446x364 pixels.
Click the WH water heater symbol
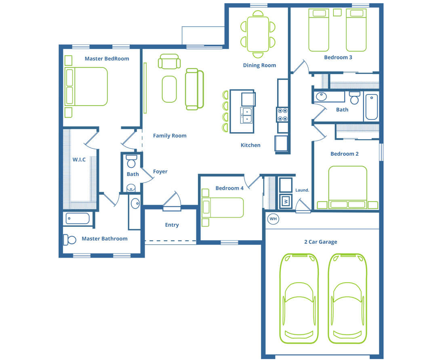tap(273, 219)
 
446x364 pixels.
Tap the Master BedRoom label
tap(107, 59)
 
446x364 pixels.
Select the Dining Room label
tap(259, 65)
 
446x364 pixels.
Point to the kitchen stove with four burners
tap(282, 114)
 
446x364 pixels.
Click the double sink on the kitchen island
tap(246, 115)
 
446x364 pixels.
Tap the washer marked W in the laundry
tap(286, 201)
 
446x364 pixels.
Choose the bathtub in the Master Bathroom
tap(78, 219)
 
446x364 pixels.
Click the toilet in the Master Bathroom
tap(69, 240)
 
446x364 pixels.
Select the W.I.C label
tap(79, 159)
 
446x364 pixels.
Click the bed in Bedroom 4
tap(223, 207)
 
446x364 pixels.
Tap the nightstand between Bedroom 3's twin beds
tap(337, 13)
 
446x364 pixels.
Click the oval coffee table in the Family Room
tap(169, 89)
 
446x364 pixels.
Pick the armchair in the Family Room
tap(169, 61)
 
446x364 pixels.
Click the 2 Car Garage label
tap(321, 242)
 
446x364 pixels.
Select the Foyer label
tap(160, 171)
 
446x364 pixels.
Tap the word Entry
tap(172, 225)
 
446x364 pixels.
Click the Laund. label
tap(302, 190)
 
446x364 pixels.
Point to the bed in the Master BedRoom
tap(86, 87)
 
